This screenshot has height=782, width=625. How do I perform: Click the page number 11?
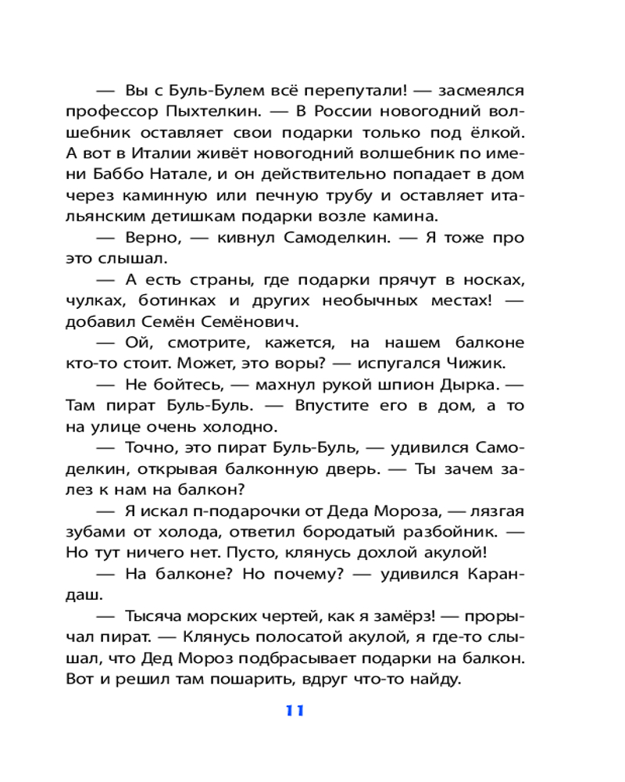click(x=294, y=710)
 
